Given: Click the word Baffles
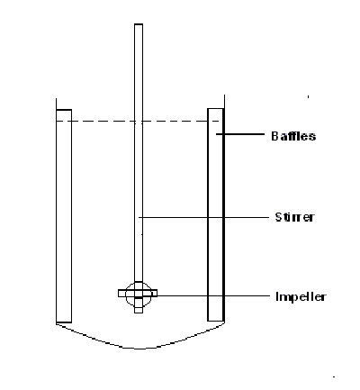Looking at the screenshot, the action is click(293, 136).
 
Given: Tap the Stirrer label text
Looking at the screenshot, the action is click(294, 217).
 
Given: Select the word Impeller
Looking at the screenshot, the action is click(301, 296).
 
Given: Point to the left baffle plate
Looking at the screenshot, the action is click(64, 216).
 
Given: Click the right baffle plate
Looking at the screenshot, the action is click(216, 214).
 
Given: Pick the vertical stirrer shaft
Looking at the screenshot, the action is click(139, 153).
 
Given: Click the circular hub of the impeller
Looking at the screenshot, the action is click(138, 295).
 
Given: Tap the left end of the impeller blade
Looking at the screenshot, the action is click(119, 293).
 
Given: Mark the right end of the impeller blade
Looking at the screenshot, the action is click(157, 293).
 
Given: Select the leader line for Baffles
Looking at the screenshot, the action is click(240, 134).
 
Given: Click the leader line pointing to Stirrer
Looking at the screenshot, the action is click(204, 217).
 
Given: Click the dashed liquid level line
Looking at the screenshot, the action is click(139, 122).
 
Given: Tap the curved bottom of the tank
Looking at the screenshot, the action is click(139, 349).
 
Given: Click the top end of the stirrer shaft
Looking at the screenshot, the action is click(139, 24).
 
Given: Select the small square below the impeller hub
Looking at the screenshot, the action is click(139, 310).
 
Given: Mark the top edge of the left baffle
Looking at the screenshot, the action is click(64, 110).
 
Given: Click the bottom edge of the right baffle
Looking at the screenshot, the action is click(216, 321).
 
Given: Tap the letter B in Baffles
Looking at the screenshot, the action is click(274, 136).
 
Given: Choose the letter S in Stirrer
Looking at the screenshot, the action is click(278, 217).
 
